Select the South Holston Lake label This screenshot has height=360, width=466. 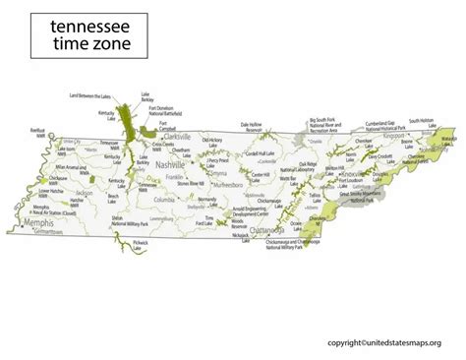(422, 123)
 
